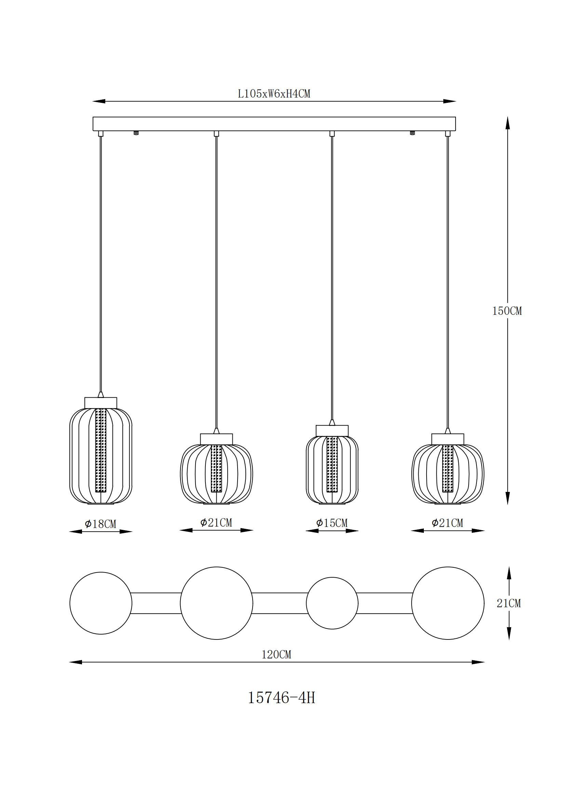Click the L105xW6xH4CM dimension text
(x=274, y=94)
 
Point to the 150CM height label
(x=507, y=311)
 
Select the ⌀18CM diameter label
(x=100, y=524)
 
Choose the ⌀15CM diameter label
(x=332, y=523)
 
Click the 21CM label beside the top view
(x=509, y=603)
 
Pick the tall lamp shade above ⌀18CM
(x=100, y=456)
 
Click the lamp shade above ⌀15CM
(x=332, y=470)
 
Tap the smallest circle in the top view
(x=332, y=577)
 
